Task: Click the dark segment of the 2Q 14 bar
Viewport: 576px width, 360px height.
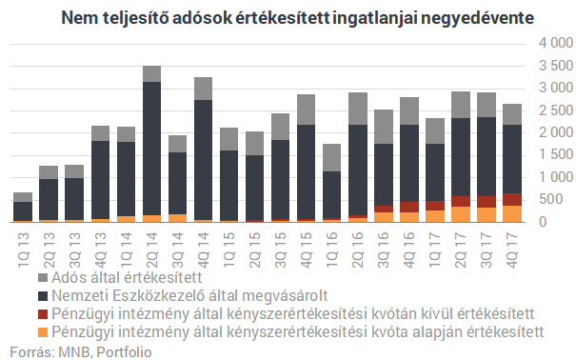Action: pyautogui.click(x=151, y=148)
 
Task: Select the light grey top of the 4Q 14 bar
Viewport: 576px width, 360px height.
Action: pyautogui.click(x=203, y=89)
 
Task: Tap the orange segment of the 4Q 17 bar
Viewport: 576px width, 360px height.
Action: pyautogui.click(x=511, y=213)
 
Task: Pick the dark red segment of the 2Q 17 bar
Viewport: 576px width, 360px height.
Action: pyautogui.click(x=460, y=201)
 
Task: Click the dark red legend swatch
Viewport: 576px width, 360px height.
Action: pyautogui.click(x=16, y=312)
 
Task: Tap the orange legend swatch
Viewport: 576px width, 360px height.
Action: pyautogui.click(x=16, y=331)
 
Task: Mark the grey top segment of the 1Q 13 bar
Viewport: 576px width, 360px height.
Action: pyautogui.click(x=23, y=197)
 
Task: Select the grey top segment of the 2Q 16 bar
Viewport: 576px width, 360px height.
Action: pyautogui.click(x=357, y=109)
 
